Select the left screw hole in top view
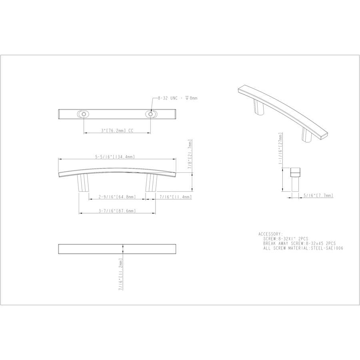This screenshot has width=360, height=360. (84, 114)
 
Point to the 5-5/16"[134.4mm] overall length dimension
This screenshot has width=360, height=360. (115, 157)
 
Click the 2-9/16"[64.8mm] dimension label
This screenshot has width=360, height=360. (117, 197)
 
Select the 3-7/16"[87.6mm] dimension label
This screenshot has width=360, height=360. (117, 211)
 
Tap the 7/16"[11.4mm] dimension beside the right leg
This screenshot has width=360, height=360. (175, 197)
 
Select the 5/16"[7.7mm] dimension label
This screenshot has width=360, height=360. (318, 196)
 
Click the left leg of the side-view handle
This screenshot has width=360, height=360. (83, 183)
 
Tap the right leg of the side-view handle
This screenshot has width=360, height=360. (151, 183)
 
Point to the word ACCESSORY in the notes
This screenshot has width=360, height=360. (271, 234)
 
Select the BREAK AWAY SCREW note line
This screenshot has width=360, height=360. (299, 243)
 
